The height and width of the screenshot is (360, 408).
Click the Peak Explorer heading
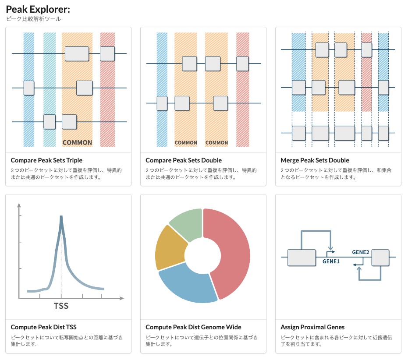pyautogui.click(x=38, y=9)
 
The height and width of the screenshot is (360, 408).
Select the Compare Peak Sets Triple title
pyautogui.click(x=46, y=160)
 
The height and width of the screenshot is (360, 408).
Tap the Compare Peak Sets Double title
pyautogui.click(x=184, y=160)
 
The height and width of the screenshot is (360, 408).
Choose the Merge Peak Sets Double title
pyautogui.click(x=315, y=160)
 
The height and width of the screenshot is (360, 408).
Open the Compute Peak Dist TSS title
pyautogui.click(x=44, y=327)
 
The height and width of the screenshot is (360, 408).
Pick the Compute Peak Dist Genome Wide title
pyautogui.click(x=193, y=327)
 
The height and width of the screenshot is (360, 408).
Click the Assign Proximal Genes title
pyautogui.click(x=312, y=327)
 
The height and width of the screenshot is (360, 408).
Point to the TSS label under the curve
pyautogui.click(x=61, y=306)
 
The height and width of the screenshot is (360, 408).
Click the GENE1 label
pyautogui.click(x=331, y=261)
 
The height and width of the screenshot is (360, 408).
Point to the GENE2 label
pyautogui.click(x=361, y=252)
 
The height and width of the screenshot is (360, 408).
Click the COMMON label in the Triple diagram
pyautogui.click(x=77, y=142)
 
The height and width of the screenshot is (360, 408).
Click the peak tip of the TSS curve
pyautogui.click(x=61, y=216)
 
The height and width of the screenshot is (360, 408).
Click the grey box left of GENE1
pyautogui.click(x=302, y=258)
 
